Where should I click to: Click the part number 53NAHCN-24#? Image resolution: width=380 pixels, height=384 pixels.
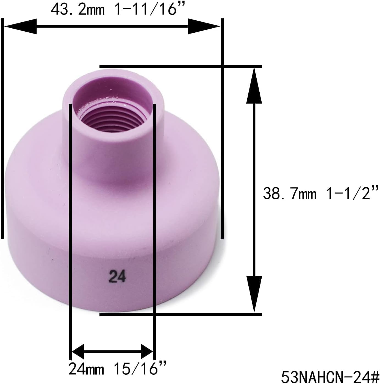[330, 377]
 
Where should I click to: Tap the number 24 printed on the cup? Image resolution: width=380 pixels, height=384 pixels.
[117, 276]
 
